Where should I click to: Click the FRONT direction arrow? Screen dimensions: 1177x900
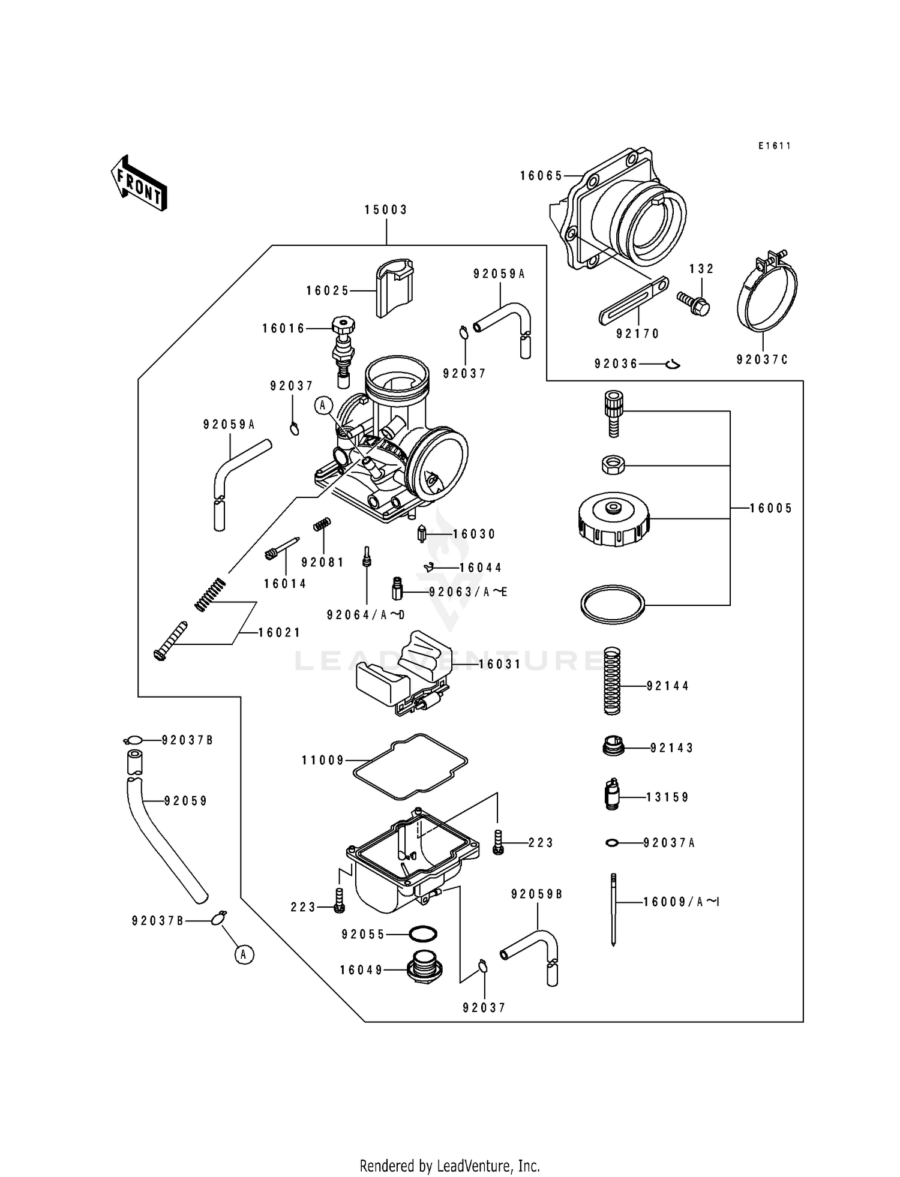(139, 182)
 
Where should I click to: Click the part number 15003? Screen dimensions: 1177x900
(386, 210)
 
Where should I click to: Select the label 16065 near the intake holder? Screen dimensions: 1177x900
(541, 176)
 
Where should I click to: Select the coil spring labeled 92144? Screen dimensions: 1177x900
(612, 680)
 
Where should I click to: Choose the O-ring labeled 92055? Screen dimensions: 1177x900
(422, 934)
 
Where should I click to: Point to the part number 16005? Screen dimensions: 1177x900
(770, 509)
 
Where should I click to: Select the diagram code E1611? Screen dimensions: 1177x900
(774, 146)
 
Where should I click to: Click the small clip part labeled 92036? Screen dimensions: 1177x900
(673, 364)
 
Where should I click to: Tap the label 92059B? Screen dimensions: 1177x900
(536, 894)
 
